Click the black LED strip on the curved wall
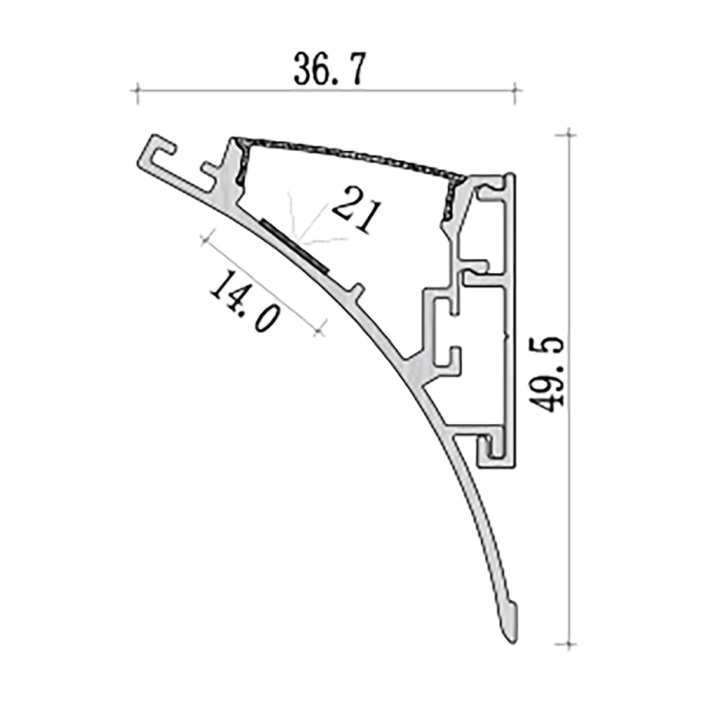point(294,245)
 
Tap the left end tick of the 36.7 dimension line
point(137,91)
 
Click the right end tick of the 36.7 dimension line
point(516,91)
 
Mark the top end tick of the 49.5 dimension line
point(568,135)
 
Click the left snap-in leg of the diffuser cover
point(240,162)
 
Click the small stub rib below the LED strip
point(356,290)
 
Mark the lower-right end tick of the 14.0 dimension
point(319,332)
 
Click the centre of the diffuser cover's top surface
point(348,154)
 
